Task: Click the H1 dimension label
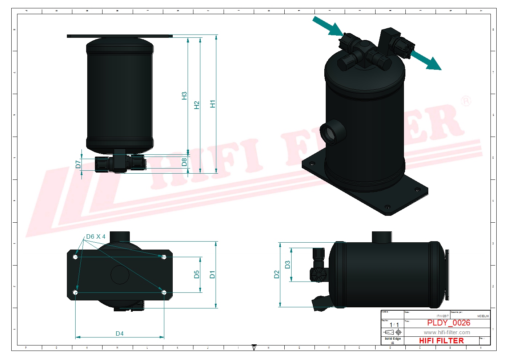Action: (x=213, y=104)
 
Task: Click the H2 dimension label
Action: (x=197, y=105)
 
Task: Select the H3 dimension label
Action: (x=184, y=96)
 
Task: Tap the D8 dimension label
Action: (x=184, y=162)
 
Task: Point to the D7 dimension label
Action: (x=78, y=164)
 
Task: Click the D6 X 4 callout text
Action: (x=96, y=237)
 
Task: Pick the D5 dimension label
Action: (x=197, y=274)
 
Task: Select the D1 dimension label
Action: (x=212, y=274)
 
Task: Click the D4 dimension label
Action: (x=119, y=333)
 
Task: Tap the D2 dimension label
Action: (x=277, y=274)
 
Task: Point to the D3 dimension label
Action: (x=288, y=264)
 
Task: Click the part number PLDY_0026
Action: (x=448, y=323)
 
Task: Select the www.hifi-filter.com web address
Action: (x=446, y=332)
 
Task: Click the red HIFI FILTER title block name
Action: (x=441, y=341)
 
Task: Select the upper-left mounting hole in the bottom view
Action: (x=75, y=257)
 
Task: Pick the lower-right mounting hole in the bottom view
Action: (x=164, y=292)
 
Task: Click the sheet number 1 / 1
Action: (x=394, y=325)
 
